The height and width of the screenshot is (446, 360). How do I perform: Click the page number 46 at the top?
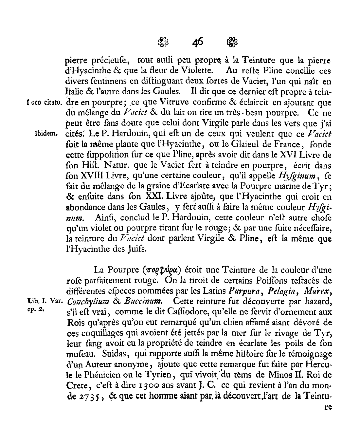point(198,42)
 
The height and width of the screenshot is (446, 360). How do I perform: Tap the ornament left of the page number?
point(163,42)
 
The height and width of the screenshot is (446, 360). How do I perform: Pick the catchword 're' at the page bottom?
point(326,408)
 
